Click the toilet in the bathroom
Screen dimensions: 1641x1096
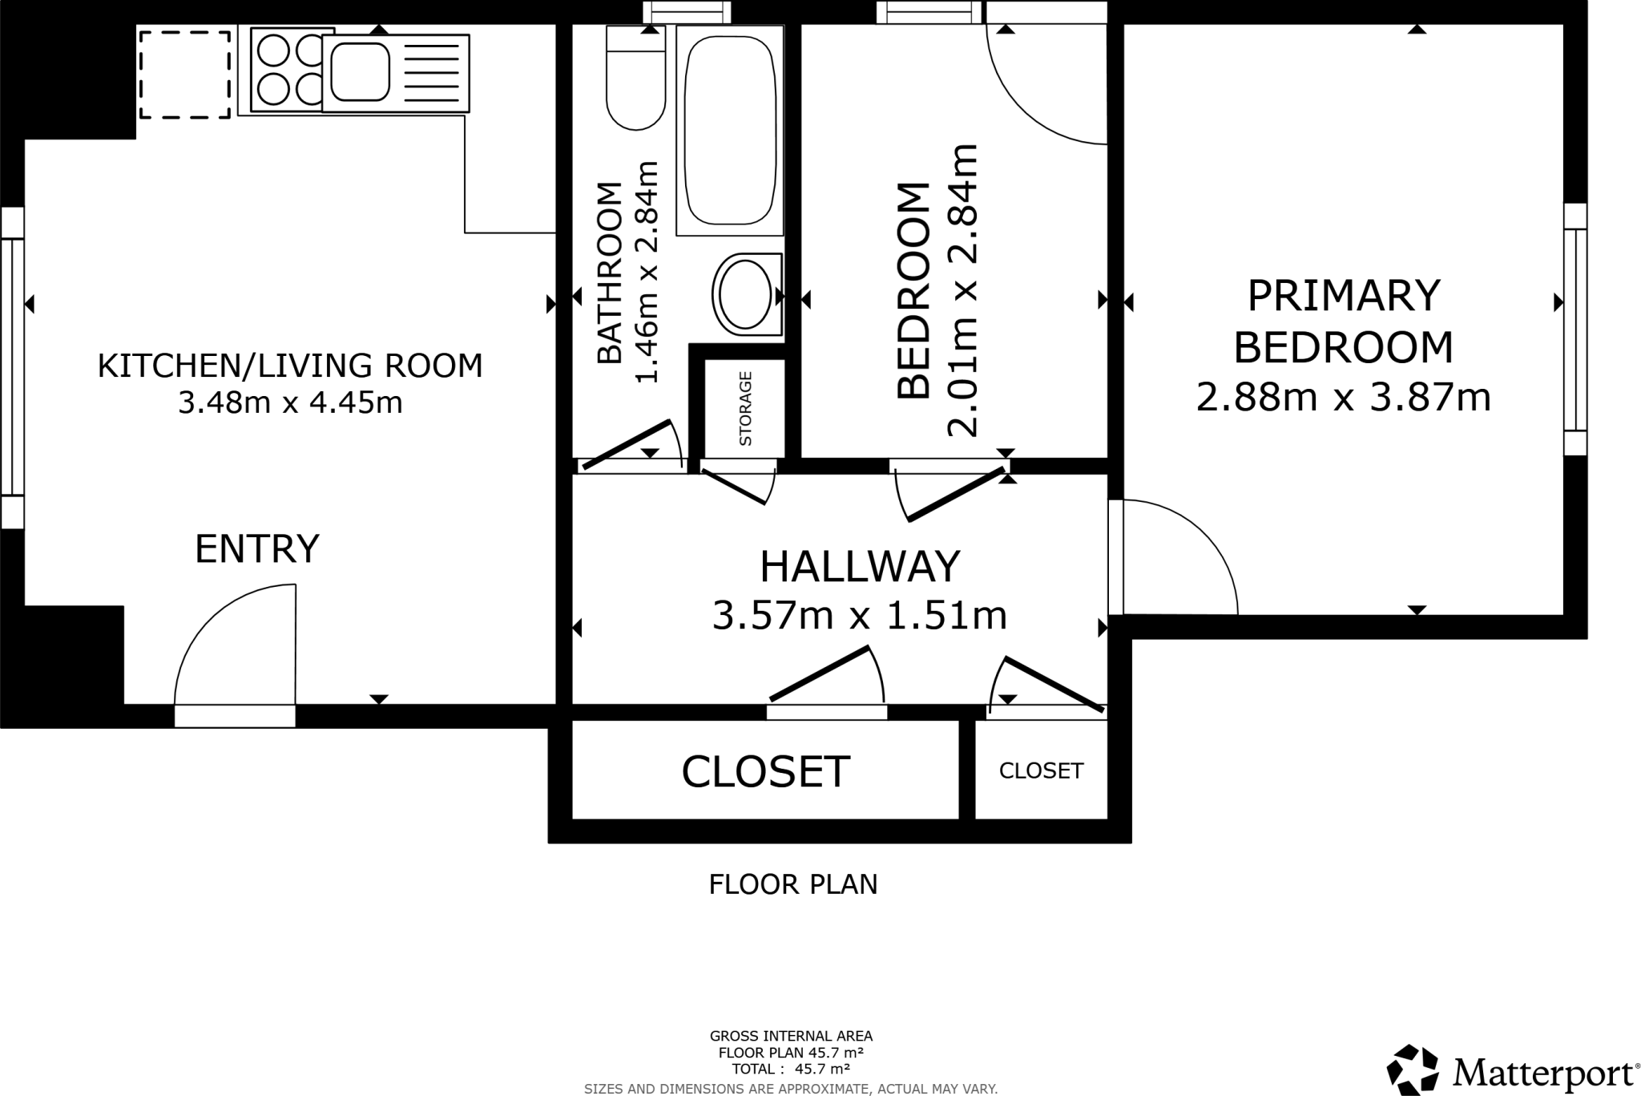point(635,78)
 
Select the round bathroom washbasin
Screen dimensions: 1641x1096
point(747,294)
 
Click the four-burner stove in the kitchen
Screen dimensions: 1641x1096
point(286,69)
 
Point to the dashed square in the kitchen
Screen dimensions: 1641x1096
point(185,75)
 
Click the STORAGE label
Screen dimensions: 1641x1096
point(745,408)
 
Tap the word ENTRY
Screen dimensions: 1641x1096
point(257,549)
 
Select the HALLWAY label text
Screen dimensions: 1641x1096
point(860,567)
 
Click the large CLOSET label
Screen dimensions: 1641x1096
point(765,771)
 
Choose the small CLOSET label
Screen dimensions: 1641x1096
point(1041,770)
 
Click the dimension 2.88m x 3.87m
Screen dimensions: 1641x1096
point(1344,397)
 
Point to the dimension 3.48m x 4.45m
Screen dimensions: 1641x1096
point(290,402)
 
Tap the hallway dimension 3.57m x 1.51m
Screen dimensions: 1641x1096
point(860,616)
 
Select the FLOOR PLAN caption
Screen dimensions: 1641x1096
point(793,884)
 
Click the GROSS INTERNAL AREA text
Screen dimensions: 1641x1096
point(791,1036)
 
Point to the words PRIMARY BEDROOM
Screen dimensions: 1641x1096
point(1344,321)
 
